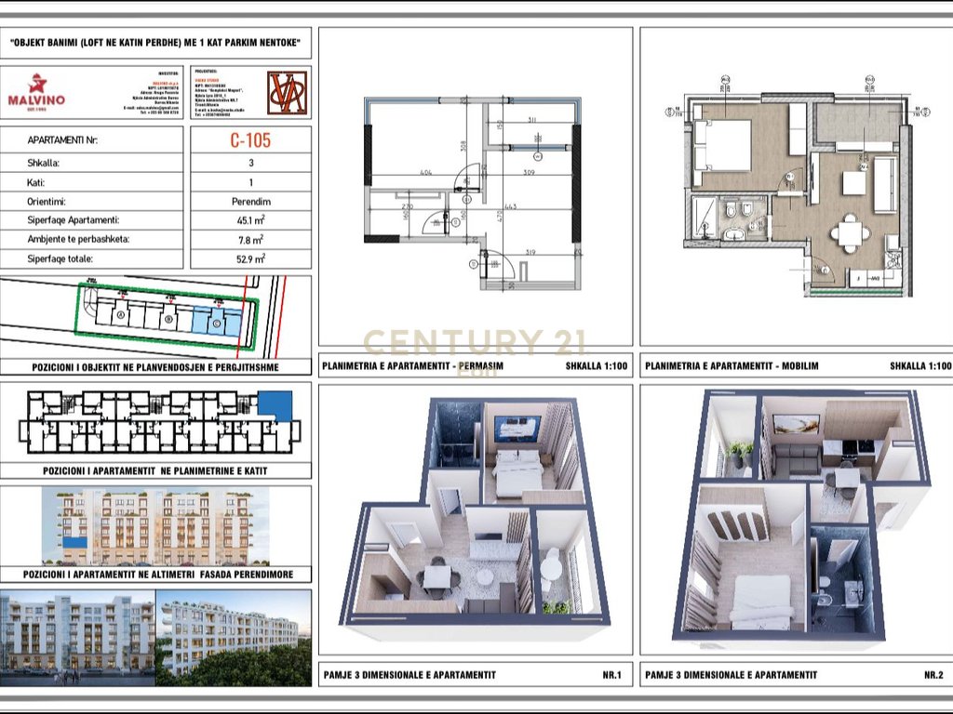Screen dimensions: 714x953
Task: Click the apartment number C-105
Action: click(250, 141)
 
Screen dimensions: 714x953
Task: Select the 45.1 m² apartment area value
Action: click(250, 220)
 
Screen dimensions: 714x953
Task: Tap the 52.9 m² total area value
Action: click(250, 258)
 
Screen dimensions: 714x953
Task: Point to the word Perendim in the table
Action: click(250, 201)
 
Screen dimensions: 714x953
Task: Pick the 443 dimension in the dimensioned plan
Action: click(509, 207)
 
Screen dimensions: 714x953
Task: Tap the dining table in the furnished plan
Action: click(850, 231)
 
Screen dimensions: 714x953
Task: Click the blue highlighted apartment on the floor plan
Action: click(275, 404)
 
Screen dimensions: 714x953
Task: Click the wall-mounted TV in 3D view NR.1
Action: click(516, 429)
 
